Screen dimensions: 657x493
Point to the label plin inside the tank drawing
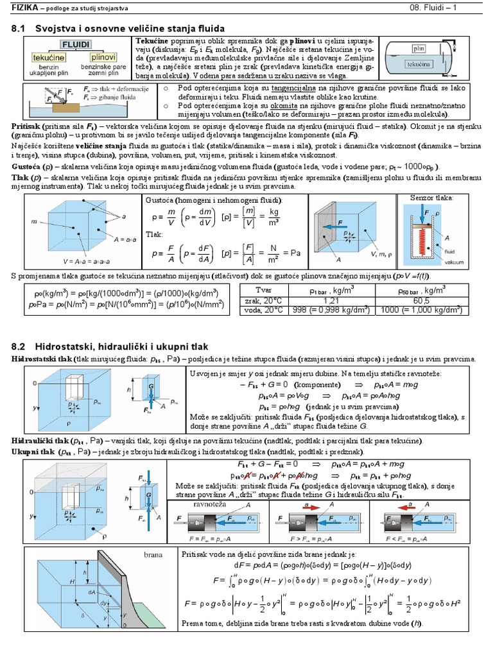click(x=419, y=49)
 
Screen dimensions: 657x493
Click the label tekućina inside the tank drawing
click(x=419, y=65)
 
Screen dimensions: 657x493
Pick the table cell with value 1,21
click(x=331, y=300)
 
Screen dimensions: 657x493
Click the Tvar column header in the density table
click(x=264, y=291)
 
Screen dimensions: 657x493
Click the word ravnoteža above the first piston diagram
click(x=211, y=505)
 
